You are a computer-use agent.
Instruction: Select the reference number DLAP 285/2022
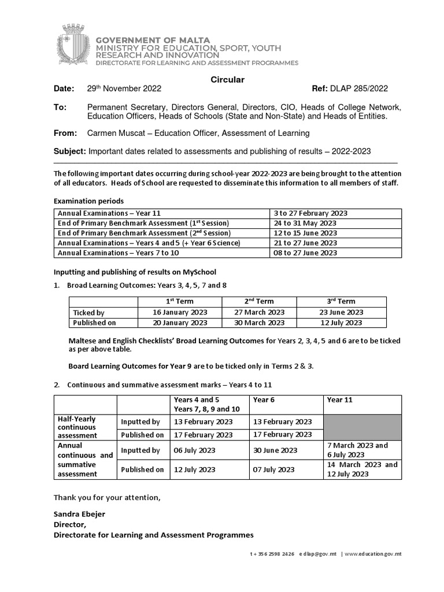click(358, 88)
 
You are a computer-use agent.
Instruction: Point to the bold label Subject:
click(69, 151)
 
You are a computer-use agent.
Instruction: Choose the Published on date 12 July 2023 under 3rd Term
click(342, 323)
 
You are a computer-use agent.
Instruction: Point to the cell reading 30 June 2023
click(275, 450)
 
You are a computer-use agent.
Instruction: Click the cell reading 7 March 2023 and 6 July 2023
click(357, 450)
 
